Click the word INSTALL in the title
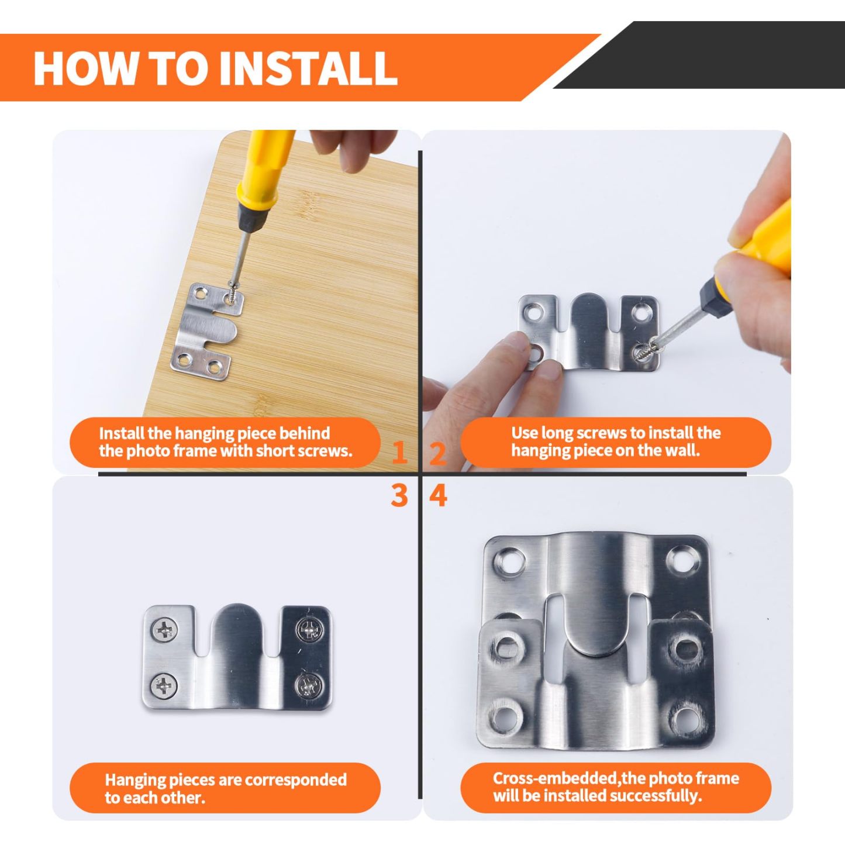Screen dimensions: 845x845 (308, 68)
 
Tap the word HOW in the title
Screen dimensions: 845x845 (85, 68)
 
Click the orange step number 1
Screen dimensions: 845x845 (399, 453)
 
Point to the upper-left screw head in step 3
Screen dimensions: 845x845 (165, 630)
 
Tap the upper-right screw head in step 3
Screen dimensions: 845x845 (309, 631)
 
